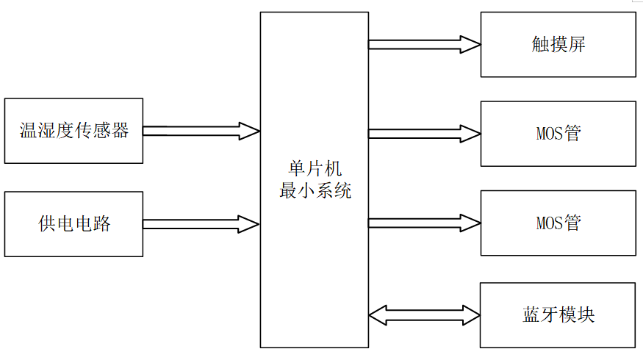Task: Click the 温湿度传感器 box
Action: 73,131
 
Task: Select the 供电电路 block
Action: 73,224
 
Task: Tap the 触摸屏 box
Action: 558,44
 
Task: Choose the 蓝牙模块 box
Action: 558,315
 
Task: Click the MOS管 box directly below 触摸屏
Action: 558,134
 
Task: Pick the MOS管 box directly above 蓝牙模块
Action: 558,223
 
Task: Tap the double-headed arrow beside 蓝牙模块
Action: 424,315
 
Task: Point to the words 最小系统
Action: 315,191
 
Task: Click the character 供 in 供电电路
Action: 47,224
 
